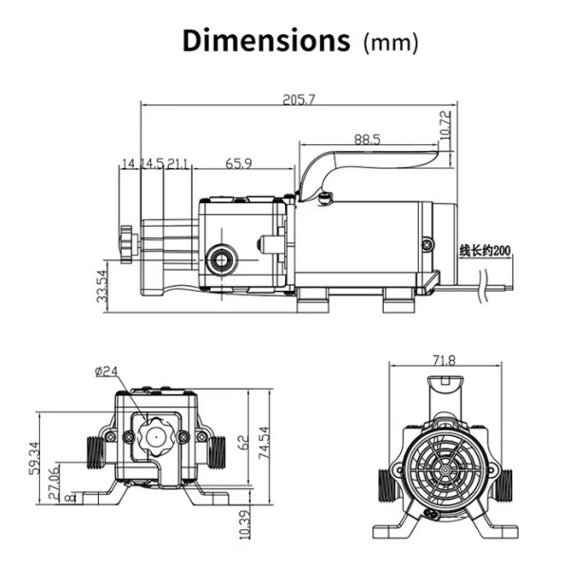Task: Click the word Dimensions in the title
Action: (x=266, y=40)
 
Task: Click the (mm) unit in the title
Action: (x=390, y=44)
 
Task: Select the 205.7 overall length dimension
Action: (x=299, y=100)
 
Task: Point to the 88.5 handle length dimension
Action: (x=367, y=140)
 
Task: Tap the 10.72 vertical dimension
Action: (x=446, y=125)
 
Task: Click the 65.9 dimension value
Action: (x=238, y=163)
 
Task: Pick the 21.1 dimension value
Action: (x=179, y=164)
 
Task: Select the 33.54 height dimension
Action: (x=103, y=286)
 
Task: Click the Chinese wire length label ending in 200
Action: (x=484, y=251)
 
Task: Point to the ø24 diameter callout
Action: (x=106, y=370)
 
